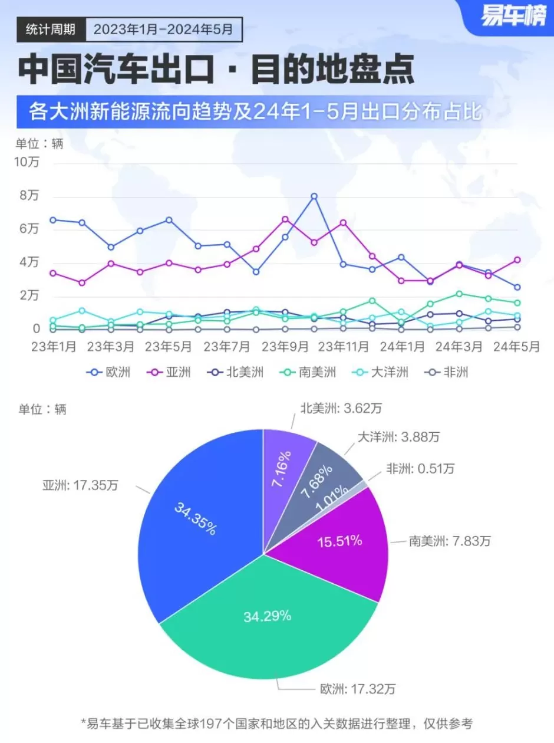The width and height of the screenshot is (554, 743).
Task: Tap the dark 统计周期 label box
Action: (51, 28)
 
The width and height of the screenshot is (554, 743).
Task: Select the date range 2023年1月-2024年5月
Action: (163, 28)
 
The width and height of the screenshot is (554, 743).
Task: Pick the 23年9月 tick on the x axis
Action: (286, 347)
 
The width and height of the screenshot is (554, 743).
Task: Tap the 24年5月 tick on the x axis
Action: (517, 347)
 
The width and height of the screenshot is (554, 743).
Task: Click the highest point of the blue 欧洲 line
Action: (314, 196)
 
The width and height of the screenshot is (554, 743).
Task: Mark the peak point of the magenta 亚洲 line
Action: (285, 219)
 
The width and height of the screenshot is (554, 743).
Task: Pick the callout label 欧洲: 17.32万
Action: (348, 688)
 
